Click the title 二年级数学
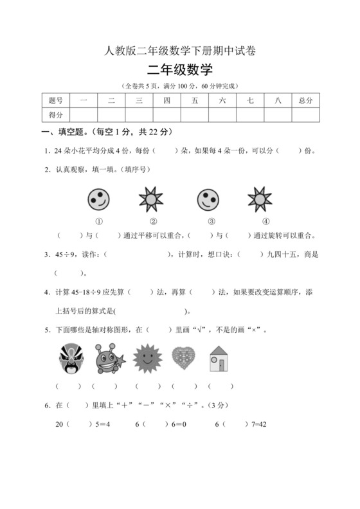click(x=179, y=71)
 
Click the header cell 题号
click(x=56, y=100)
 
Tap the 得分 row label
click(x=56, y=114)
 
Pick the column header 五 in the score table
click(x=194, y=100)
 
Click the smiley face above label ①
click(x=98, y=199)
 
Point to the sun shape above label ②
click(x=151, y=199)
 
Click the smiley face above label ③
click(x=207, y=199)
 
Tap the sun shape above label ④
click(x=260, y=199)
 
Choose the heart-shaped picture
click(x=184, y=358)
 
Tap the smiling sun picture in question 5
click(x=147, y=358)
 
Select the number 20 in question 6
click(x=60, y=424)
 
